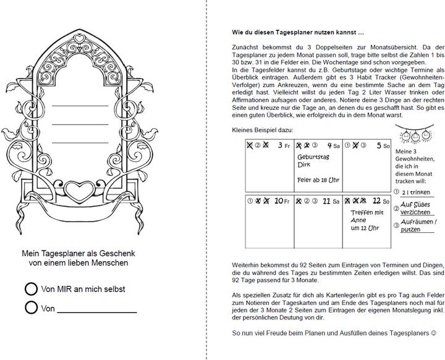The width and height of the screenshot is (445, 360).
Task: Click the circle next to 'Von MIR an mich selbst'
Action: coord(31,288)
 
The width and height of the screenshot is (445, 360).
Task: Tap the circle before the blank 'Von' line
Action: coord(31,307)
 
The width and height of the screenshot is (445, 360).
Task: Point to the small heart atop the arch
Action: coord(78,39)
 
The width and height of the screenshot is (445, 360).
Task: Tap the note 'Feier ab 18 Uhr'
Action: coord(318,180)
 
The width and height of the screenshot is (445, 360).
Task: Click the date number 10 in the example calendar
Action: coord(279,201)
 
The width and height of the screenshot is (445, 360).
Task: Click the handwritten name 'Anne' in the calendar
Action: coord(358,220)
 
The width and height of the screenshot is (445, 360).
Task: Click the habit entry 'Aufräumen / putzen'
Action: coord(418,225)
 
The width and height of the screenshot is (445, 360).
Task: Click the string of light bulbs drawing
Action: coord(413,134)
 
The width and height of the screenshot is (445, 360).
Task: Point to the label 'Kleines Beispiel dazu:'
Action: coord(263,130)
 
